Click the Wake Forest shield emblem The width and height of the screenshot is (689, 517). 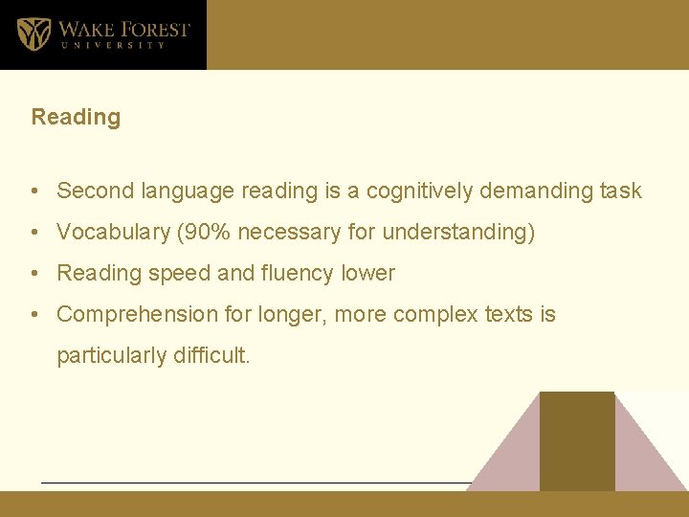[34, 33]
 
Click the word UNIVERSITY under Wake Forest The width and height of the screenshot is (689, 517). [113, 45]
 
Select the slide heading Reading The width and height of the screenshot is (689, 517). [76, 118]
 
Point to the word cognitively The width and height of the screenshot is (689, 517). [416, 191]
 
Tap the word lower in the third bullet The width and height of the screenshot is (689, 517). [368, 273]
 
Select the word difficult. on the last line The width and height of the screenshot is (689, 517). [211, 356]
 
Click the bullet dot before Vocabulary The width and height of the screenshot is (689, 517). [33, 233]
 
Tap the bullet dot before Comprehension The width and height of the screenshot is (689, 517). [33, 315]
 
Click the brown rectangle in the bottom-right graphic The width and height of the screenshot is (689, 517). [577, 440]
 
